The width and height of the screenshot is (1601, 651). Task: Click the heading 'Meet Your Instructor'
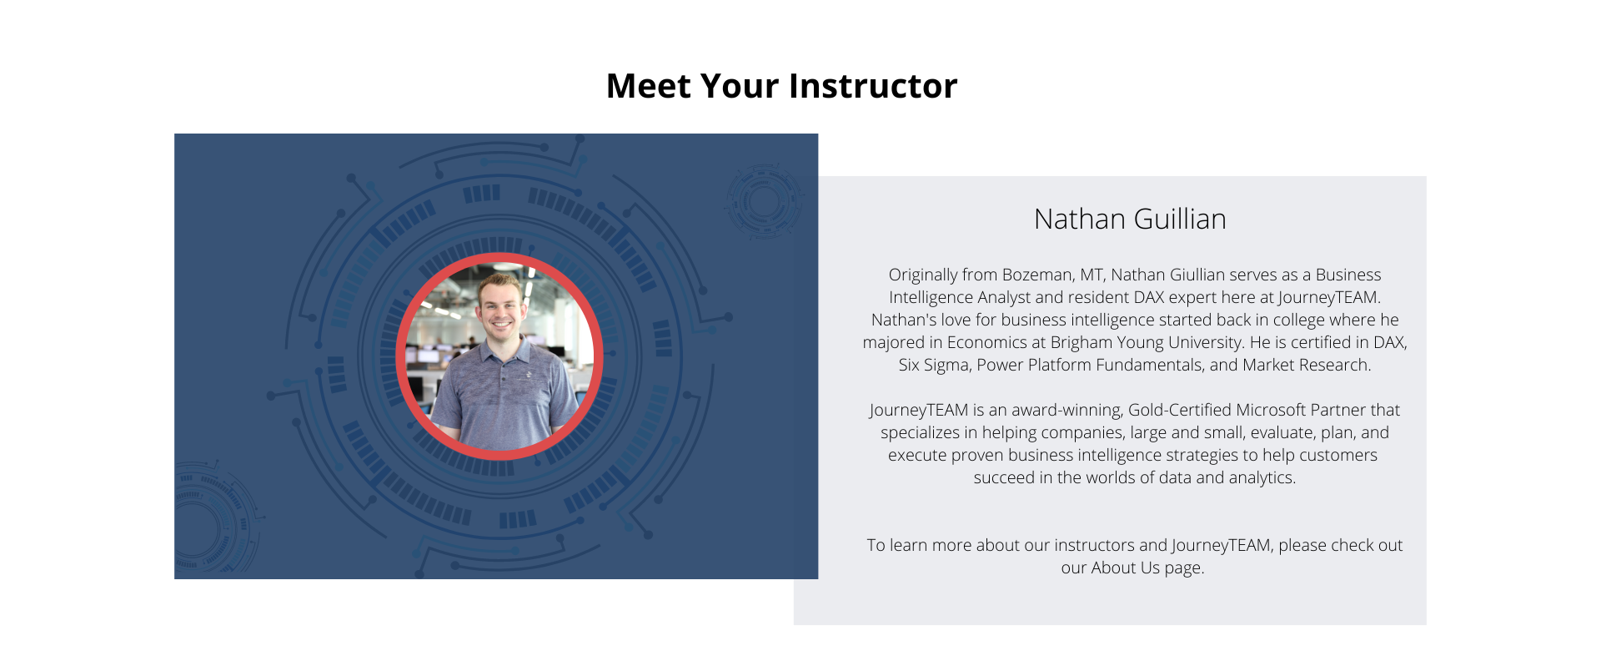coord(781,86)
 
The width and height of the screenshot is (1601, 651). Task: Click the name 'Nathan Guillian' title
coord(1130,219)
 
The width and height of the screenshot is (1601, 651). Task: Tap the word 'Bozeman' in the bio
coord(1036,275)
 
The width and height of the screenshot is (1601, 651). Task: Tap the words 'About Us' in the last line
coord(1125,568)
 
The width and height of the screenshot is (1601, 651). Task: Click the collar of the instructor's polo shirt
coord(499,350)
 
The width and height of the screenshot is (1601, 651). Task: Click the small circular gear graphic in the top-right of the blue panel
coord(762,201)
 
